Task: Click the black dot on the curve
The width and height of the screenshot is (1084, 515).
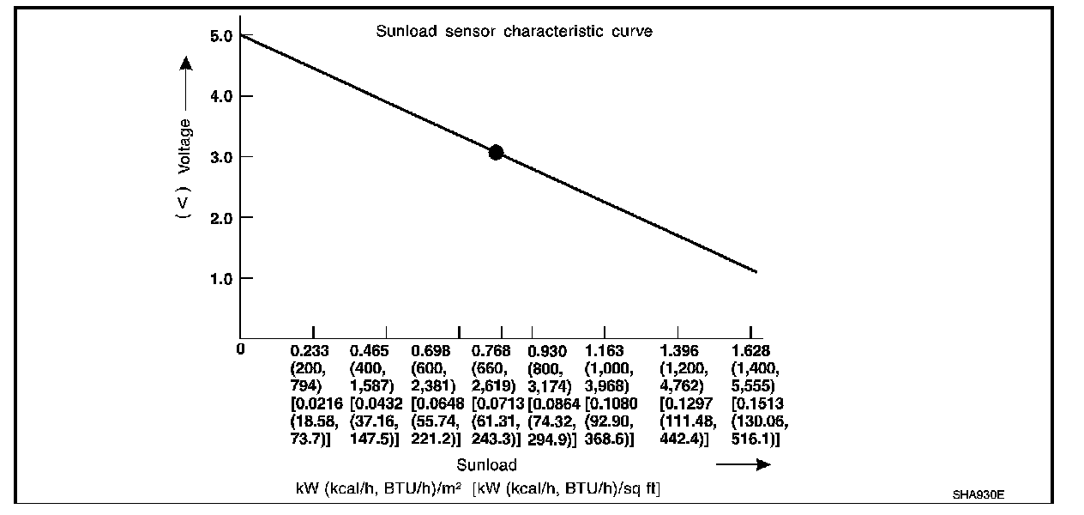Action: (x=496, y=152)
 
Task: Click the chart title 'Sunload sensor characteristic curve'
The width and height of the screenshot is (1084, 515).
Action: (x=515, y=32)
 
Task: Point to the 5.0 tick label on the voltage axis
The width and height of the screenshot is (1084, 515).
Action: (x=220, y=36)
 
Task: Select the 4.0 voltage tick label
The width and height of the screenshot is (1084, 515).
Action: (x=220, y=96)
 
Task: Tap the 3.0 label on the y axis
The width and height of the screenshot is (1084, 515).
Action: (x=220, y=157)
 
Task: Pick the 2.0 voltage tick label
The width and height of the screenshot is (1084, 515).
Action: (x=220, y=218)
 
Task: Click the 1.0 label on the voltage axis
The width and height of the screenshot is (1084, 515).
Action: (x=220, y=278)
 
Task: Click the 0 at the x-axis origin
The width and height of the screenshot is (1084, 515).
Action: (x=242, y=349)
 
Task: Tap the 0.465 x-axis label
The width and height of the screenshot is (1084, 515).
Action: (x=370, y=351)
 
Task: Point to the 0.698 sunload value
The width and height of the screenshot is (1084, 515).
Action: (x=431, y=351)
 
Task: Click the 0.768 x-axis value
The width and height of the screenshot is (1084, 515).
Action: (x=491, y=351)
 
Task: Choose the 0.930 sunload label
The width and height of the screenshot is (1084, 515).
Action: (x=547, y=351)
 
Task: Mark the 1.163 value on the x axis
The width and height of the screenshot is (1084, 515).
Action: (x=605, y=351)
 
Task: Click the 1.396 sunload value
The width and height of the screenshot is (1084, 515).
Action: (x=678, y=351)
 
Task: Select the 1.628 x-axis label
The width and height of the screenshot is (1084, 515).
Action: (x=750, y=351)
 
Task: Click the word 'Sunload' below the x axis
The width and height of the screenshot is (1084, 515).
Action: (x=486, y=465)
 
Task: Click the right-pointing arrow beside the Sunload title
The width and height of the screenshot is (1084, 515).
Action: (x=743, y=465)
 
